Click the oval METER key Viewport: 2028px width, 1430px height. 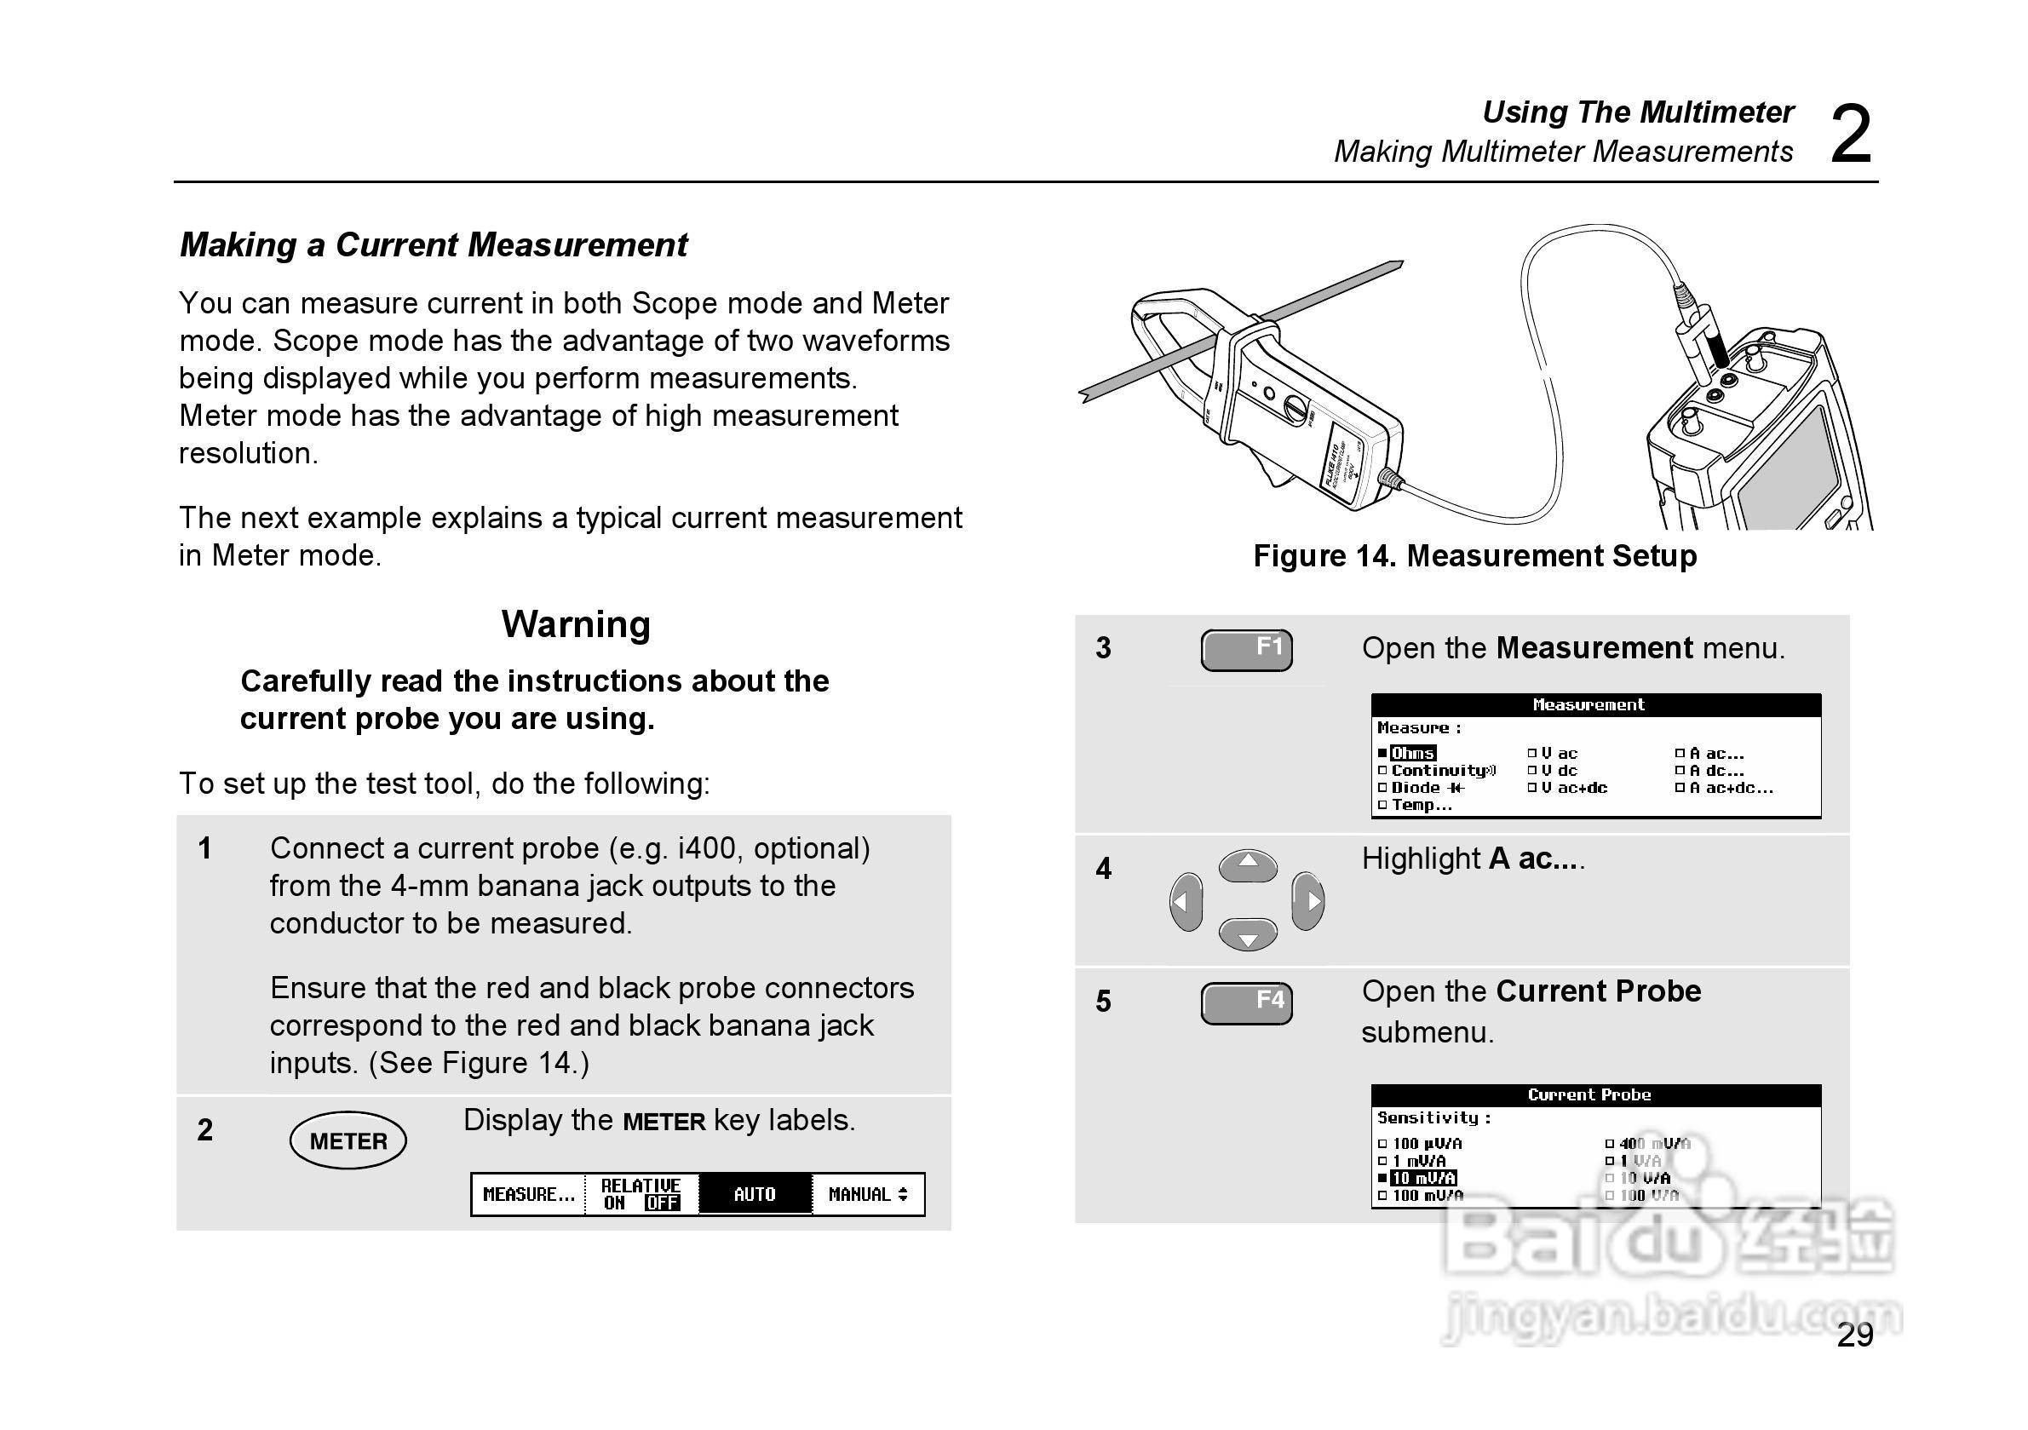(348, 1140)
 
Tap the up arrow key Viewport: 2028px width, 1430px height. (1247, 864)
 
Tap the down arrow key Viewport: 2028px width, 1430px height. (1247, 934)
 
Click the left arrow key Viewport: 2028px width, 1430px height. (1186, 901)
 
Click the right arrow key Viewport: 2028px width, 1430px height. (1308, 901)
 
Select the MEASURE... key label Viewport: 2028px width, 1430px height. (528, 1194)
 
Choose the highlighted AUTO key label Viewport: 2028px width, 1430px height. (755, 1194)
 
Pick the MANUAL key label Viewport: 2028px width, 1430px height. (867, 1194)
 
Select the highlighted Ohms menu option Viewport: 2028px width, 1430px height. (1412, 754)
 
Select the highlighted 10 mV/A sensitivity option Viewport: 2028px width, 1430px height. (1423, 1178)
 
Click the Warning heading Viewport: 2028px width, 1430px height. (576, 624)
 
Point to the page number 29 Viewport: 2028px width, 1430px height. (1855, 1335)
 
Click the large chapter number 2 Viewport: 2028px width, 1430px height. (1851, 135)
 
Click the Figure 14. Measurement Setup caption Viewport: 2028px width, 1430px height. (1474, 556)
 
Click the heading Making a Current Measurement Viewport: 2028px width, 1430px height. (433, 244)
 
